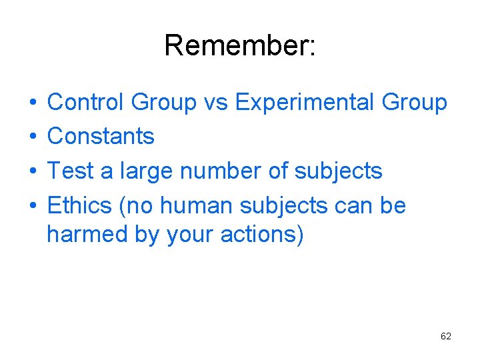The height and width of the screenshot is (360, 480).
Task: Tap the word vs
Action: coord(215,103)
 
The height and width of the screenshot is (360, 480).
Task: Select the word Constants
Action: coord(101,137)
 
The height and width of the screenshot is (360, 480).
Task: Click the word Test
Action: coord(71,171)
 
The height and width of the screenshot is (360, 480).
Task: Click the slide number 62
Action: coord(446,336)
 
